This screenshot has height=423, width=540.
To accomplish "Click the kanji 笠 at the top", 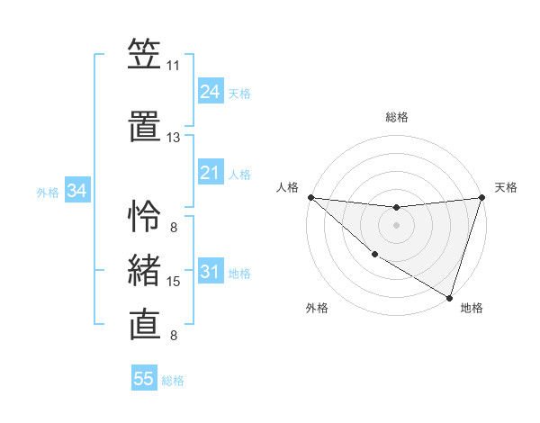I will click(145, 55).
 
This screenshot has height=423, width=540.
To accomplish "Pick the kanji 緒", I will click(145, 269).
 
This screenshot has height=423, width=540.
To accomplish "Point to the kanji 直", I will click(145, 323).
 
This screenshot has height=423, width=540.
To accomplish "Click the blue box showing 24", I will click(210, 92).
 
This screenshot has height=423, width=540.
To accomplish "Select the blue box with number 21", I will click(210, 173).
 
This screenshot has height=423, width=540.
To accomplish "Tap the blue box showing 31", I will click(210, 272).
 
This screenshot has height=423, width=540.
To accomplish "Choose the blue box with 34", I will click(76, 191).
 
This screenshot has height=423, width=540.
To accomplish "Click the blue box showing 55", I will click(144, 379).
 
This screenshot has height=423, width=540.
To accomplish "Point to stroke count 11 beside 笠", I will click(173, 66).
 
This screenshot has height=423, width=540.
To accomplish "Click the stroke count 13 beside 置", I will click(173, 138).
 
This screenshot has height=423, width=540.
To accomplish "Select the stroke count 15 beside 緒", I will click(174, 282).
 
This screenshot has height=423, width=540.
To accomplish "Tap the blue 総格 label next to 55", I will click(173, 381).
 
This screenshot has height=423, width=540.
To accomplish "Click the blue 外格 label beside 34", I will click(48, 192).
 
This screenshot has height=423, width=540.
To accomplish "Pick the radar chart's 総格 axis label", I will click(396, 117).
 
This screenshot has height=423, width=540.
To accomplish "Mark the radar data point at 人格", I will click(310, 197).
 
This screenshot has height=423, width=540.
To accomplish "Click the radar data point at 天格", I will click(481, 197).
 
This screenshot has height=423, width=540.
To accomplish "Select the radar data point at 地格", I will click(449, 297).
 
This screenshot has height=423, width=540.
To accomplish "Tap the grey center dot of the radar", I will click(396, 225).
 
